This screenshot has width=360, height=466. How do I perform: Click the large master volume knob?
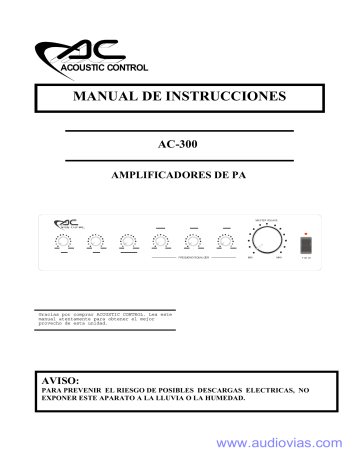[x=266, y=241]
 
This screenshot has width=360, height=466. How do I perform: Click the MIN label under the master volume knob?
[x=248, y=259]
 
